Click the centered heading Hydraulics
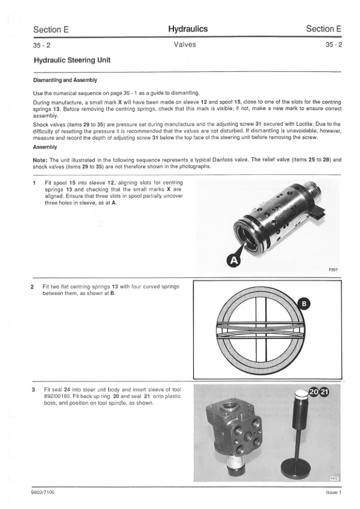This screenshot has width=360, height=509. point(188,29)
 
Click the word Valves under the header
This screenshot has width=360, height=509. point(185,45)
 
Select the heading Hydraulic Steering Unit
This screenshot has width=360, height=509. point(72,60)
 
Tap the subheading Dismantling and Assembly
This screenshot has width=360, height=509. point(65,80)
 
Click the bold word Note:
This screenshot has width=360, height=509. point(40,160)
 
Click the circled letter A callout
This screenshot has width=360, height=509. point(233,261)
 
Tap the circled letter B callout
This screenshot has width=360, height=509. point(304,304)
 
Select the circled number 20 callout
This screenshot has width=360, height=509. point(314,392)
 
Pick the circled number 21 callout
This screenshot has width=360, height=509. point(324,392)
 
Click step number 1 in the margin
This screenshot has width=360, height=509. point(34,183)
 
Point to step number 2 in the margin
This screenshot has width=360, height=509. point(32,287)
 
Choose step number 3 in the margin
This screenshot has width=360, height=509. point(33,389)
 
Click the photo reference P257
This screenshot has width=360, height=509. point(333,270)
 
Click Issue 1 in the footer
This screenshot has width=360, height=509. point(333,492)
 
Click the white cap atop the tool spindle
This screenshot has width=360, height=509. point(302,394)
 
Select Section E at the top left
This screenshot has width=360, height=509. point(51,30)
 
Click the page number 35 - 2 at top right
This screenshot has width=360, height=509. point(333,45)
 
